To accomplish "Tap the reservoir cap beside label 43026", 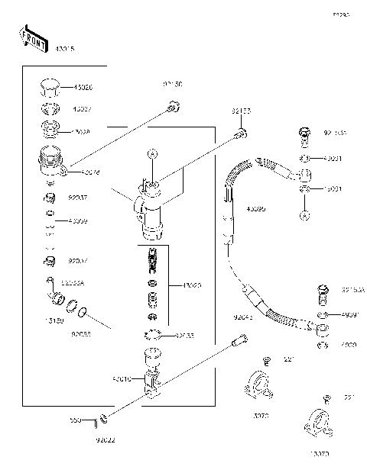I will click(50, 86).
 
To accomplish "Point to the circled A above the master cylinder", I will click(152, 155).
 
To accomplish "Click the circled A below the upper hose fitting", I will click(304, 215).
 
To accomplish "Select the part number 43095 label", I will click(256, 208).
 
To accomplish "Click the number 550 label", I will click(76, 420).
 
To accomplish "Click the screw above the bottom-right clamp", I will click(326, 398).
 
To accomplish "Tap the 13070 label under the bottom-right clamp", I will click(318, 454).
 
